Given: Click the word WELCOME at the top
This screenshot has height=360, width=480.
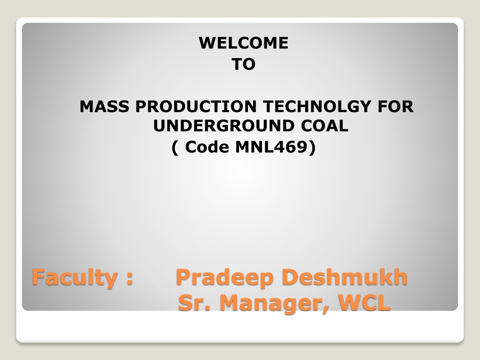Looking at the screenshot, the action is (x=244, y=43).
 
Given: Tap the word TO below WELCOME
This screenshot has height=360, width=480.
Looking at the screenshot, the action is (x=244, y=64).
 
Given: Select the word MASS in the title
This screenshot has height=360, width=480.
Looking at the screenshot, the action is (x=105, y=106).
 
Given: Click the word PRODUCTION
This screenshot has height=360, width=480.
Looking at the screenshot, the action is (x=196, y=106).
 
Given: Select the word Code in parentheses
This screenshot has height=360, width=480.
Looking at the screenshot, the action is (x=207, y=147).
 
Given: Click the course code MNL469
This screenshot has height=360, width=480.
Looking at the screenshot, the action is (x=271, y=147).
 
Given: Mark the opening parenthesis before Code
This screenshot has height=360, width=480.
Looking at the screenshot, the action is (x=175, y=148).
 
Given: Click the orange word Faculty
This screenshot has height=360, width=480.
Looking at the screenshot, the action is (x=75, y=277).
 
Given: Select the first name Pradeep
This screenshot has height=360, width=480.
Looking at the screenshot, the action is (x=225, y=278).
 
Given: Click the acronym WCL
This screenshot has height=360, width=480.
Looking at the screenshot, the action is (x=364, y=303).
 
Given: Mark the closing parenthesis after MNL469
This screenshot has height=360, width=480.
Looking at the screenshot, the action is (x=312, y=148).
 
